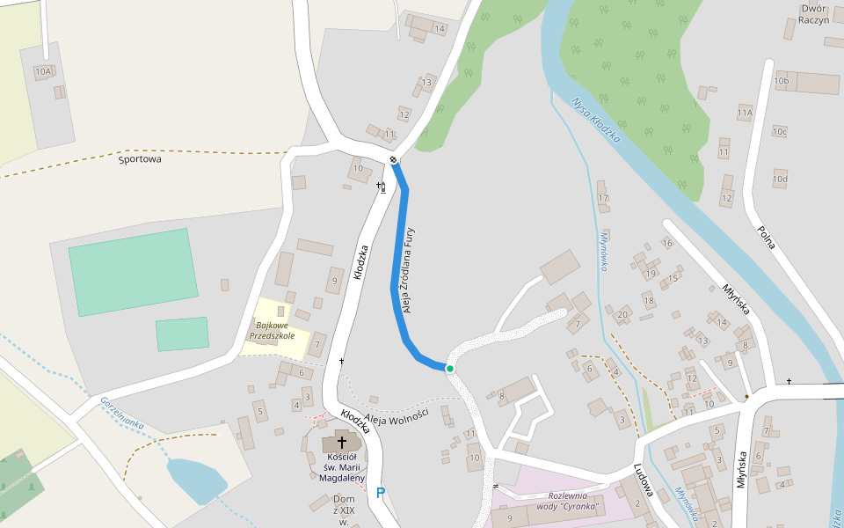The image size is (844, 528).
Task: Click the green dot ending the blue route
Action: tap(449, 369)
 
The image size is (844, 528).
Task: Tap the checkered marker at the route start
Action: tap(394, 159)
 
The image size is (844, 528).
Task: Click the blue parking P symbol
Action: tap(381, 493)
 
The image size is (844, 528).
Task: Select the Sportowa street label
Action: tap(141, 159)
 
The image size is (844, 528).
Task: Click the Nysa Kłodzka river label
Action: tap(596, 120)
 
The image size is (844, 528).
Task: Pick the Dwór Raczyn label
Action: tap(814, 14)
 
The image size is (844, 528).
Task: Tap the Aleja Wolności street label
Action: tap(396, 417)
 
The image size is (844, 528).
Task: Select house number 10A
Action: tap(44, 70)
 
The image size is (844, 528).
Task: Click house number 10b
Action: tap(781, 81)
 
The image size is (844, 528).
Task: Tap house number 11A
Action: tap(746, 113)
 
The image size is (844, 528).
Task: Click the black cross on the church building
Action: tap(341, 443)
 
